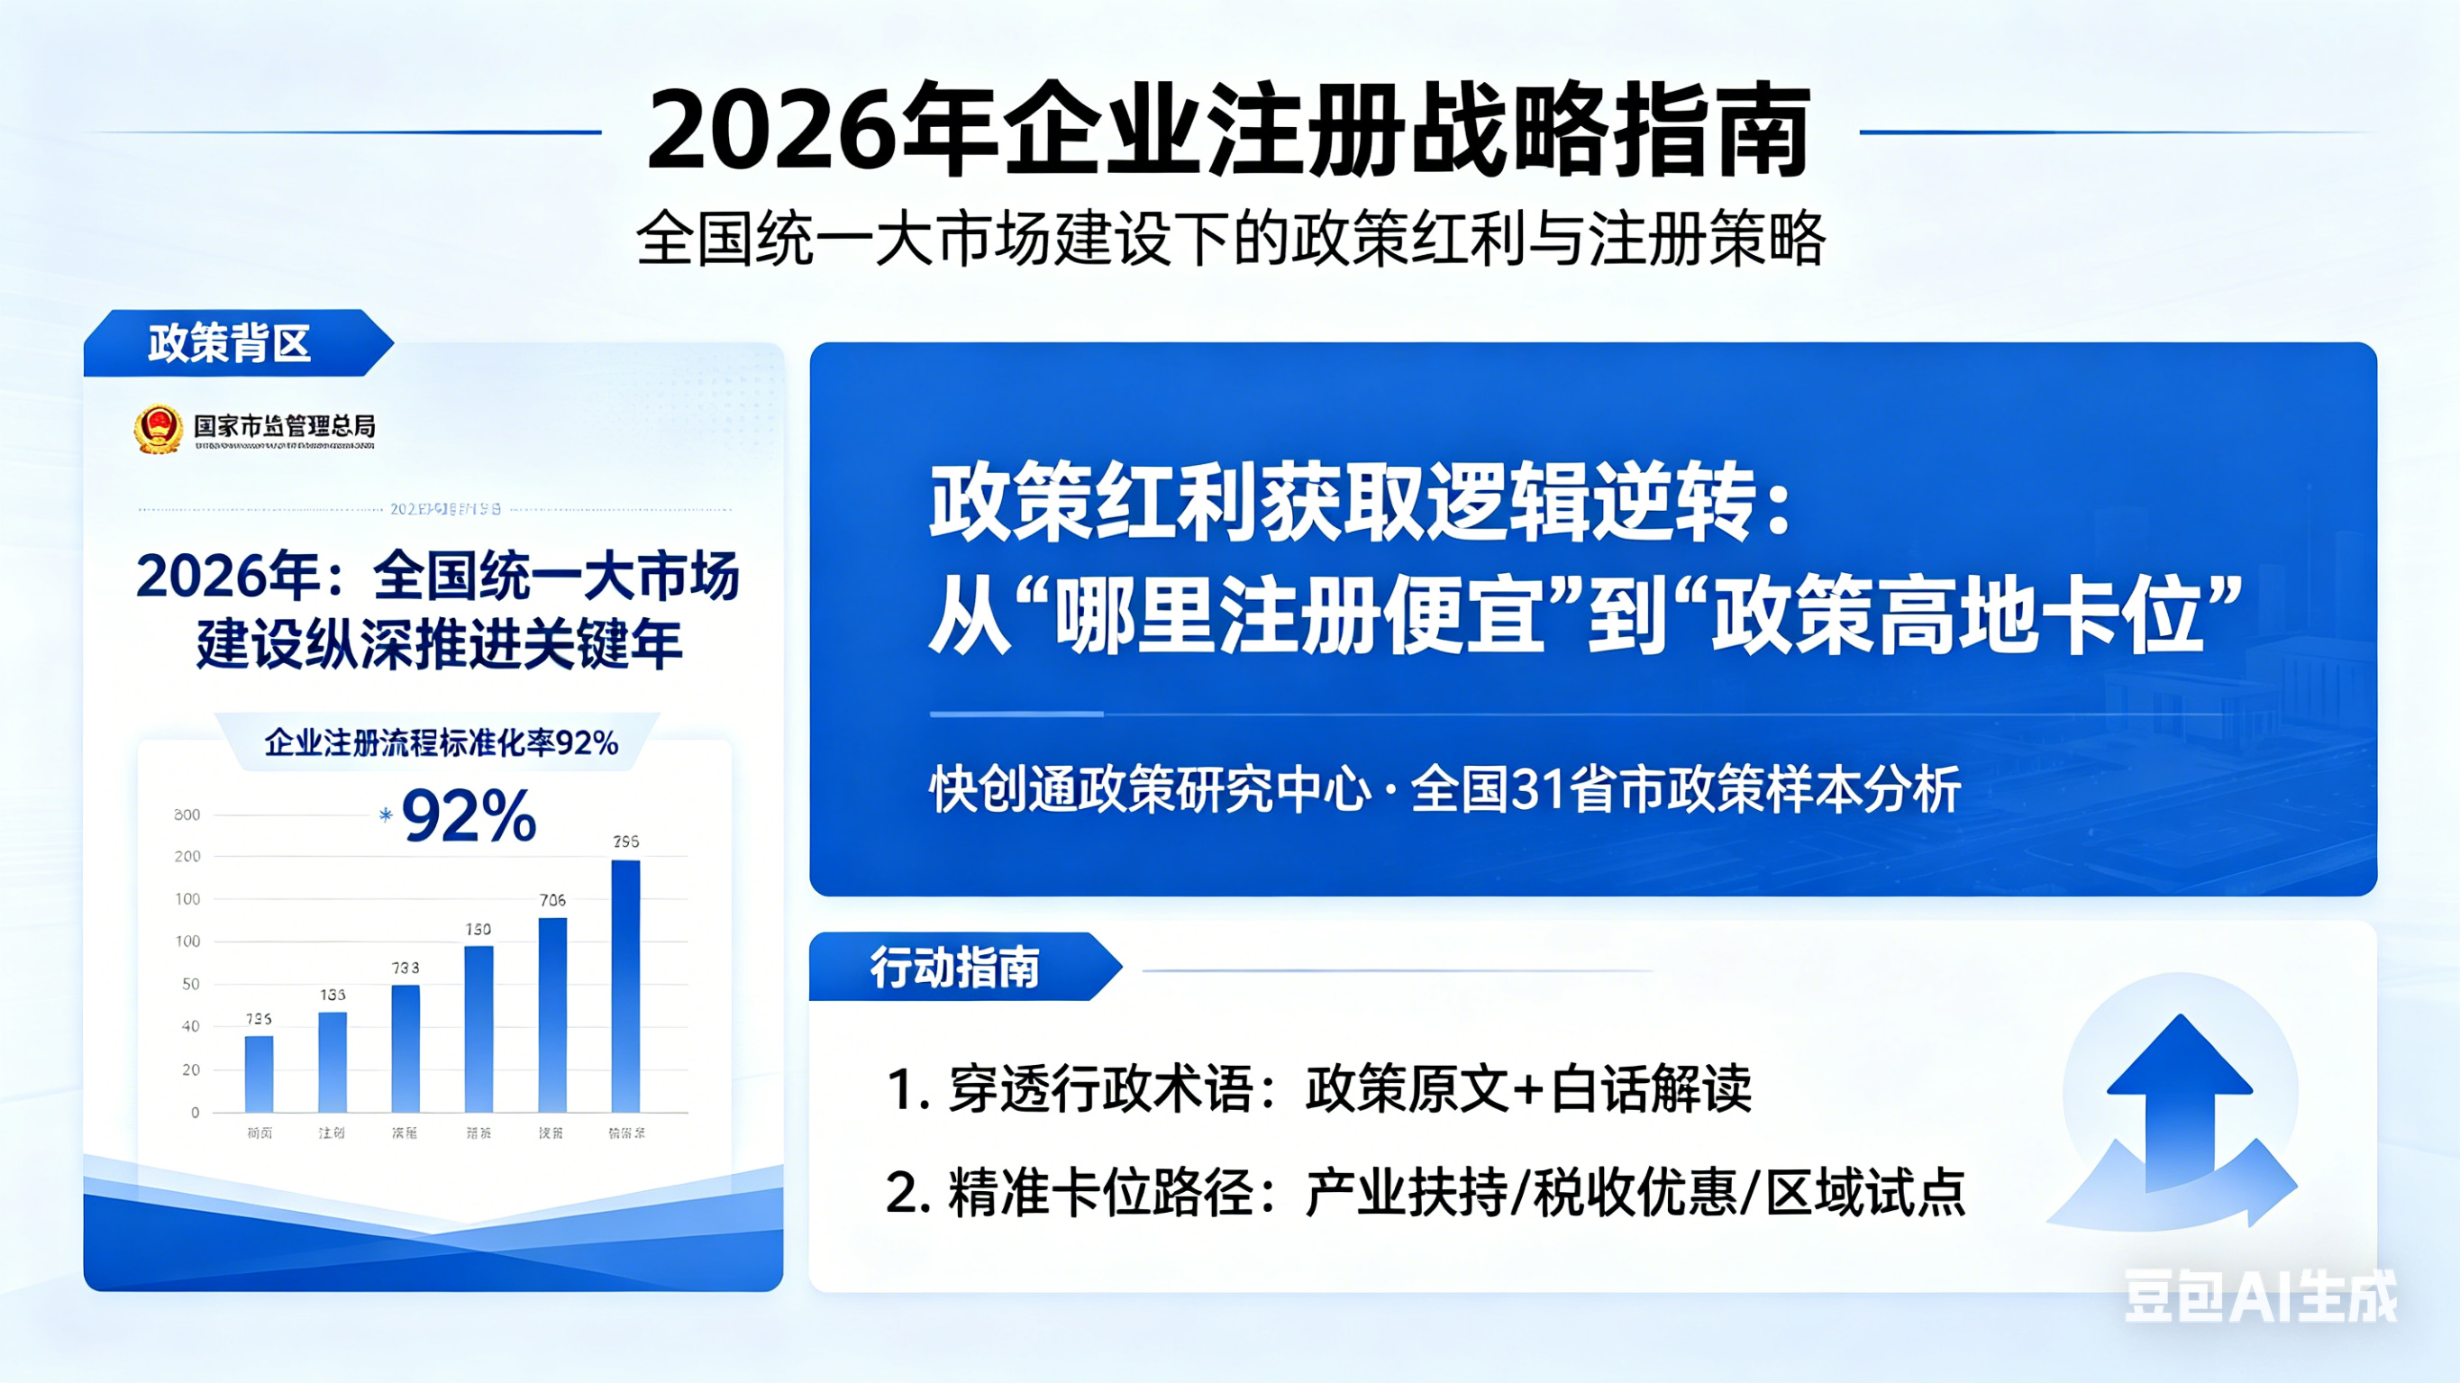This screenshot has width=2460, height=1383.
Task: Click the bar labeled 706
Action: click(x=552, y=1015)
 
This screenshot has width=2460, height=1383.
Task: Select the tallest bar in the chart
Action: click(x=625, y=986)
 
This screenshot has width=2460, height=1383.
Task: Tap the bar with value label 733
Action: click(x=405, y=1048)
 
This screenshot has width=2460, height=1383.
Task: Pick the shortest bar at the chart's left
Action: click(x=259, y=1074)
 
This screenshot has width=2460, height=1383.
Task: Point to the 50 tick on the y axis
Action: click(x=191, y=984)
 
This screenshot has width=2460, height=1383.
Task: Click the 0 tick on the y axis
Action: click(x=195, y=1112)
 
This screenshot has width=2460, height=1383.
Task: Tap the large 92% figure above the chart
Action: click(x=469, y=816)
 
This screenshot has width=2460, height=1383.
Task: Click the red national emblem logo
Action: click(x=159, y=429)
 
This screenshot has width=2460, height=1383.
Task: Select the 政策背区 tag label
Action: click(x=229, y=343)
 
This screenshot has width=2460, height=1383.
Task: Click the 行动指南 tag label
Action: click(x=954, y=968)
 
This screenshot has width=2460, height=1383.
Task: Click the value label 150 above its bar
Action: click(x=478, y=928)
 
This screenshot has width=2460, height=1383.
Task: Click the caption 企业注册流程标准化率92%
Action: click(x=442, y=743)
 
